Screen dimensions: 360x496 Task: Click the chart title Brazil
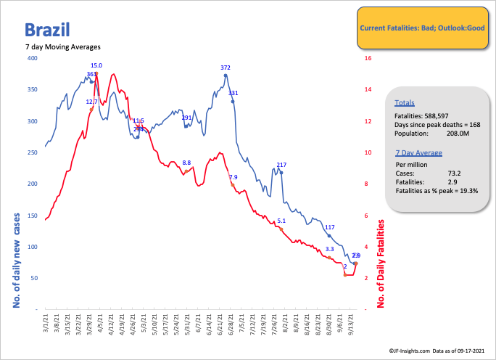tap(47, 30)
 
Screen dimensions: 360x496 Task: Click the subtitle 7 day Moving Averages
tap(63, 47)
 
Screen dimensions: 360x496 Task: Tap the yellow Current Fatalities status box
tap(420, 28)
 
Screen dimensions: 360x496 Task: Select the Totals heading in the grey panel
tap(405, 103)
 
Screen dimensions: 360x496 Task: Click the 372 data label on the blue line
tap(226, 67)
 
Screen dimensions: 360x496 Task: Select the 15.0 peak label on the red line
tap(96, 65)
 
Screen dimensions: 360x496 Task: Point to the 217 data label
tap(281, 165)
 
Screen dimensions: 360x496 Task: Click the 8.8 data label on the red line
tap(186, 163)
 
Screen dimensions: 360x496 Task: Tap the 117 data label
tap(329, 228)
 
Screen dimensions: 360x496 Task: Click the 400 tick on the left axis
tap(33, 58)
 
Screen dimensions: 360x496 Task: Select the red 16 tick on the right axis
tap(368, 58)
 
